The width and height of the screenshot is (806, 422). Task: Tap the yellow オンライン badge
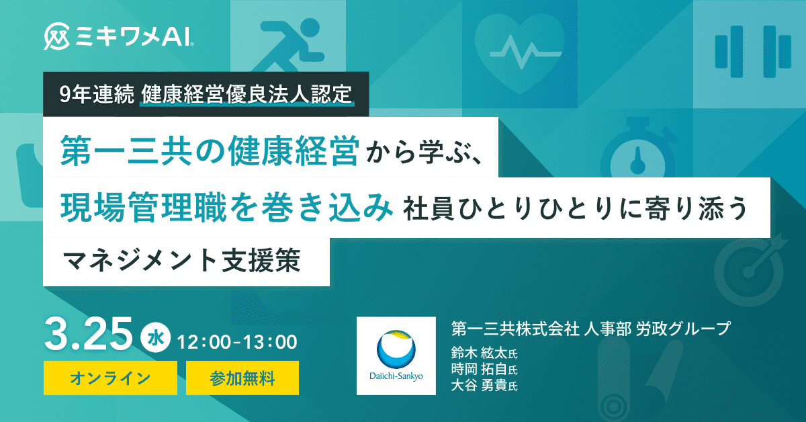point(110,378)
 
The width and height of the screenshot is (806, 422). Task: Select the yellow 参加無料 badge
point(242,378)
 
